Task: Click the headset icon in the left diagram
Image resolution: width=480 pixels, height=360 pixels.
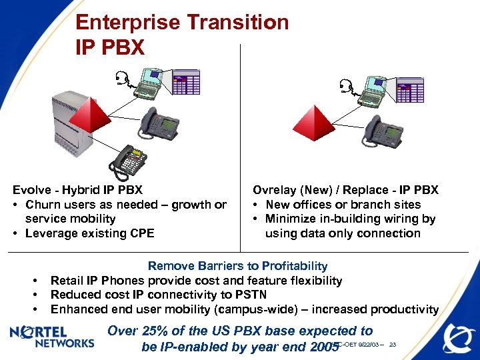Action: pos(121,81)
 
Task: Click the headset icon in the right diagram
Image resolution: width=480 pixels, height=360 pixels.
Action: pos(345,86)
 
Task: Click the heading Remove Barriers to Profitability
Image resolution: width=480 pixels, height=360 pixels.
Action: pos(237,266)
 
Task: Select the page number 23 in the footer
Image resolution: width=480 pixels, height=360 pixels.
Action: pos(393,345)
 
